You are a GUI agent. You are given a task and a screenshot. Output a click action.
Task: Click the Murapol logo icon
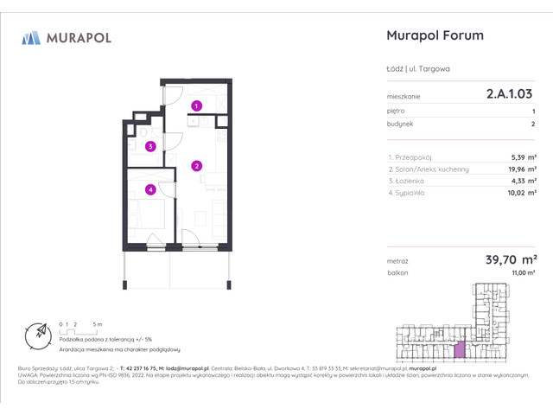click(31, 37)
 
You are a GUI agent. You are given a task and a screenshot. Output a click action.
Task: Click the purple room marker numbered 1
click(197, 105)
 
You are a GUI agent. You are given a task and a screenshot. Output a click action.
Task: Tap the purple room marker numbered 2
click(197, 166)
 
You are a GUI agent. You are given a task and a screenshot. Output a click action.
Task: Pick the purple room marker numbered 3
click(150, 146)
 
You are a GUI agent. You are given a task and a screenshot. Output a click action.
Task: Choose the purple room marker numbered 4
click(150, 189)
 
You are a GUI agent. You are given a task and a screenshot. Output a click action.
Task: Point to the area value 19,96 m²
click(520, 169)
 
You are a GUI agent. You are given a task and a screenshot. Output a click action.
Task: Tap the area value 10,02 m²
click(520, 194)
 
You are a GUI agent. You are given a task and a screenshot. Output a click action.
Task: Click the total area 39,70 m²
click(511, 259)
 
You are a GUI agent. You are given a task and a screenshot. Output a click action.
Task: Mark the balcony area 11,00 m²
click(524, 272)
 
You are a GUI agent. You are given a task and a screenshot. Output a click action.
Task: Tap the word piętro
click(395, 112)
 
